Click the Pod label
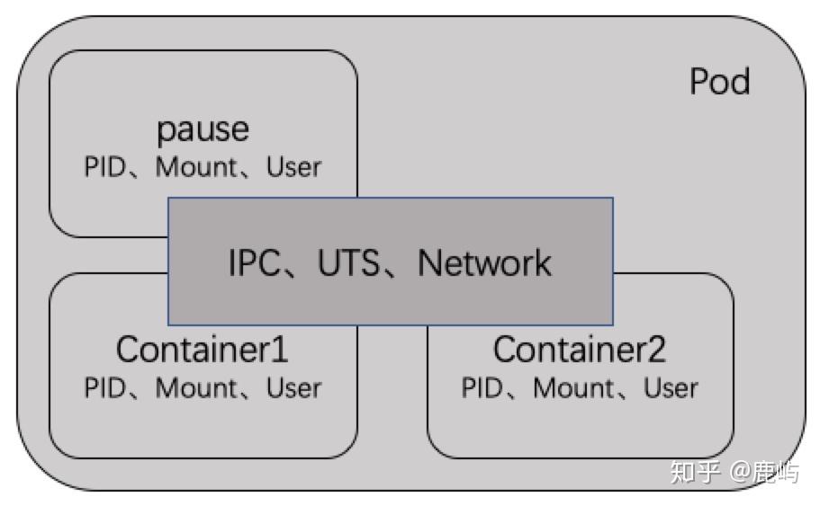719,83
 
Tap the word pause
203,130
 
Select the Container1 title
203,350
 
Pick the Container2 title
580,350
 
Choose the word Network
484,263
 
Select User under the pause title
293,168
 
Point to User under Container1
293,387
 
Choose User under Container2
671,387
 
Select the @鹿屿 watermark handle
763,472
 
